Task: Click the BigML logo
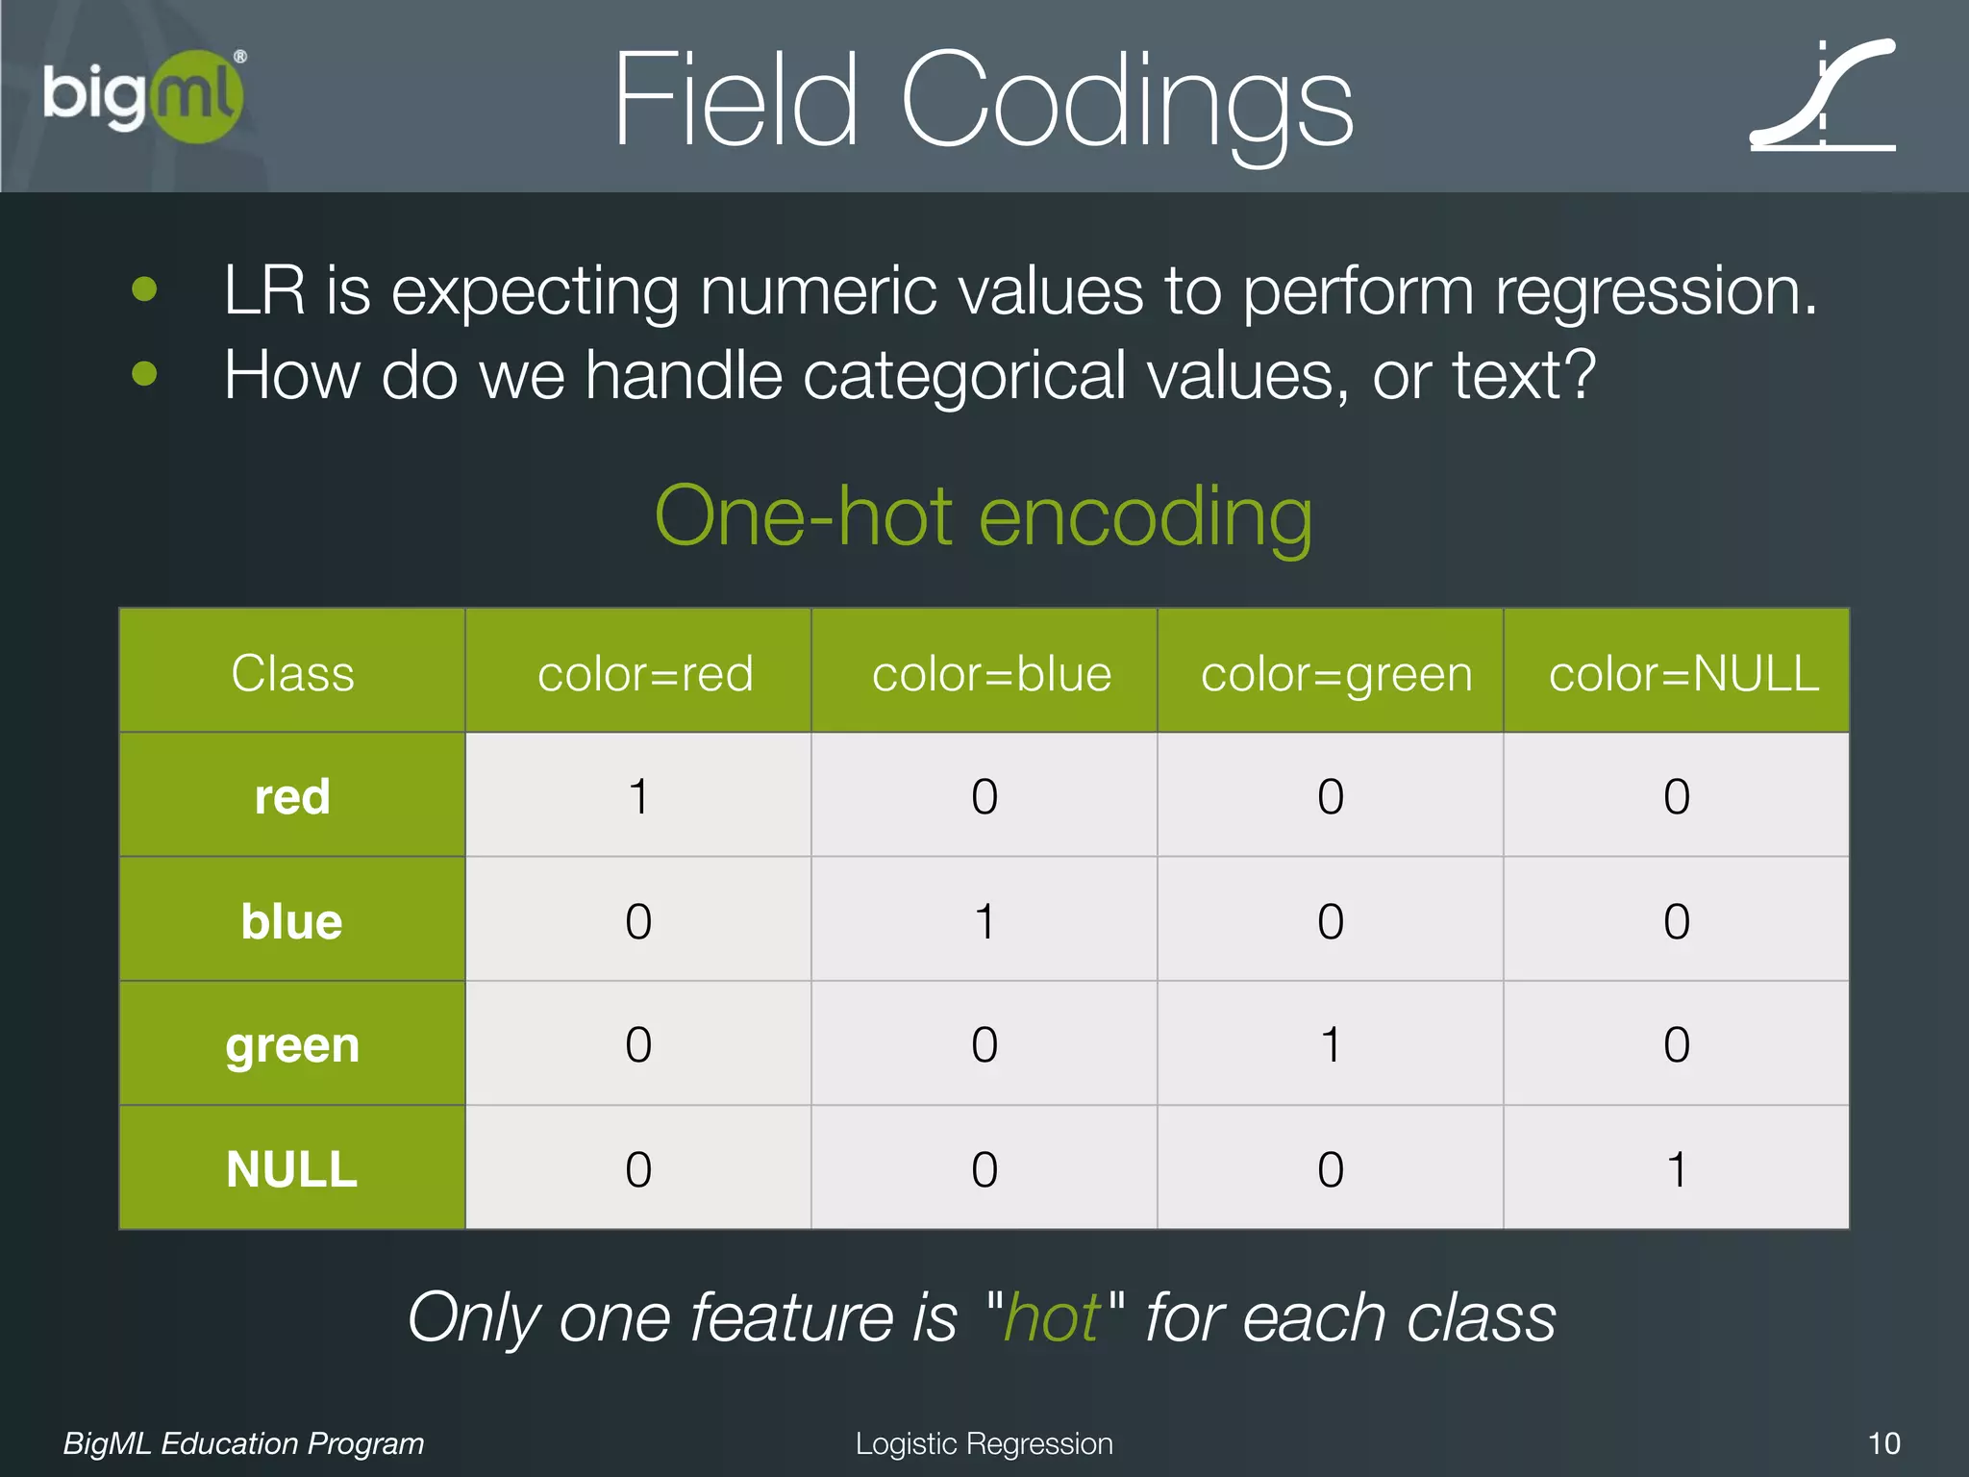[144, 96]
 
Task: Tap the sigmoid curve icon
[1823, 96]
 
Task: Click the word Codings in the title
[1127, 102]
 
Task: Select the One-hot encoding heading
[983, 517]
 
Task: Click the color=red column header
[645, 673]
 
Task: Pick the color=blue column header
[991, 673]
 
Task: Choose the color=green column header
[1336, 673]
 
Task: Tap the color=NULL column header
[1683, 673]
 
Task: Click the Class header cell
[292, 673]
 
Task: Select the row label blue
[292, 921]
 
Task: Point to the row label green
[292, 1045]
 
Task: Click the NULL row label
[292, 1169]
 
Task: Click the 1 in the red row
[638, 796]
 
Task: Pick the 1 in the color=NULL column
[1677, 1169]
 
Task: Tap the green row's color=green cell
[1331, 1044]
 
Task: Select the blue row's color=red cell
[638, 921]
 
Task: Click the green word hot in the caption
[1052, 1317]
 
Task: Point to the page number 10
[1883, 1443]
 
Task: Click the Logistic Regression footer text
[984, 1443]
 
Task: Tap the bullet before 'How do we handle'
[144, 373]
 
